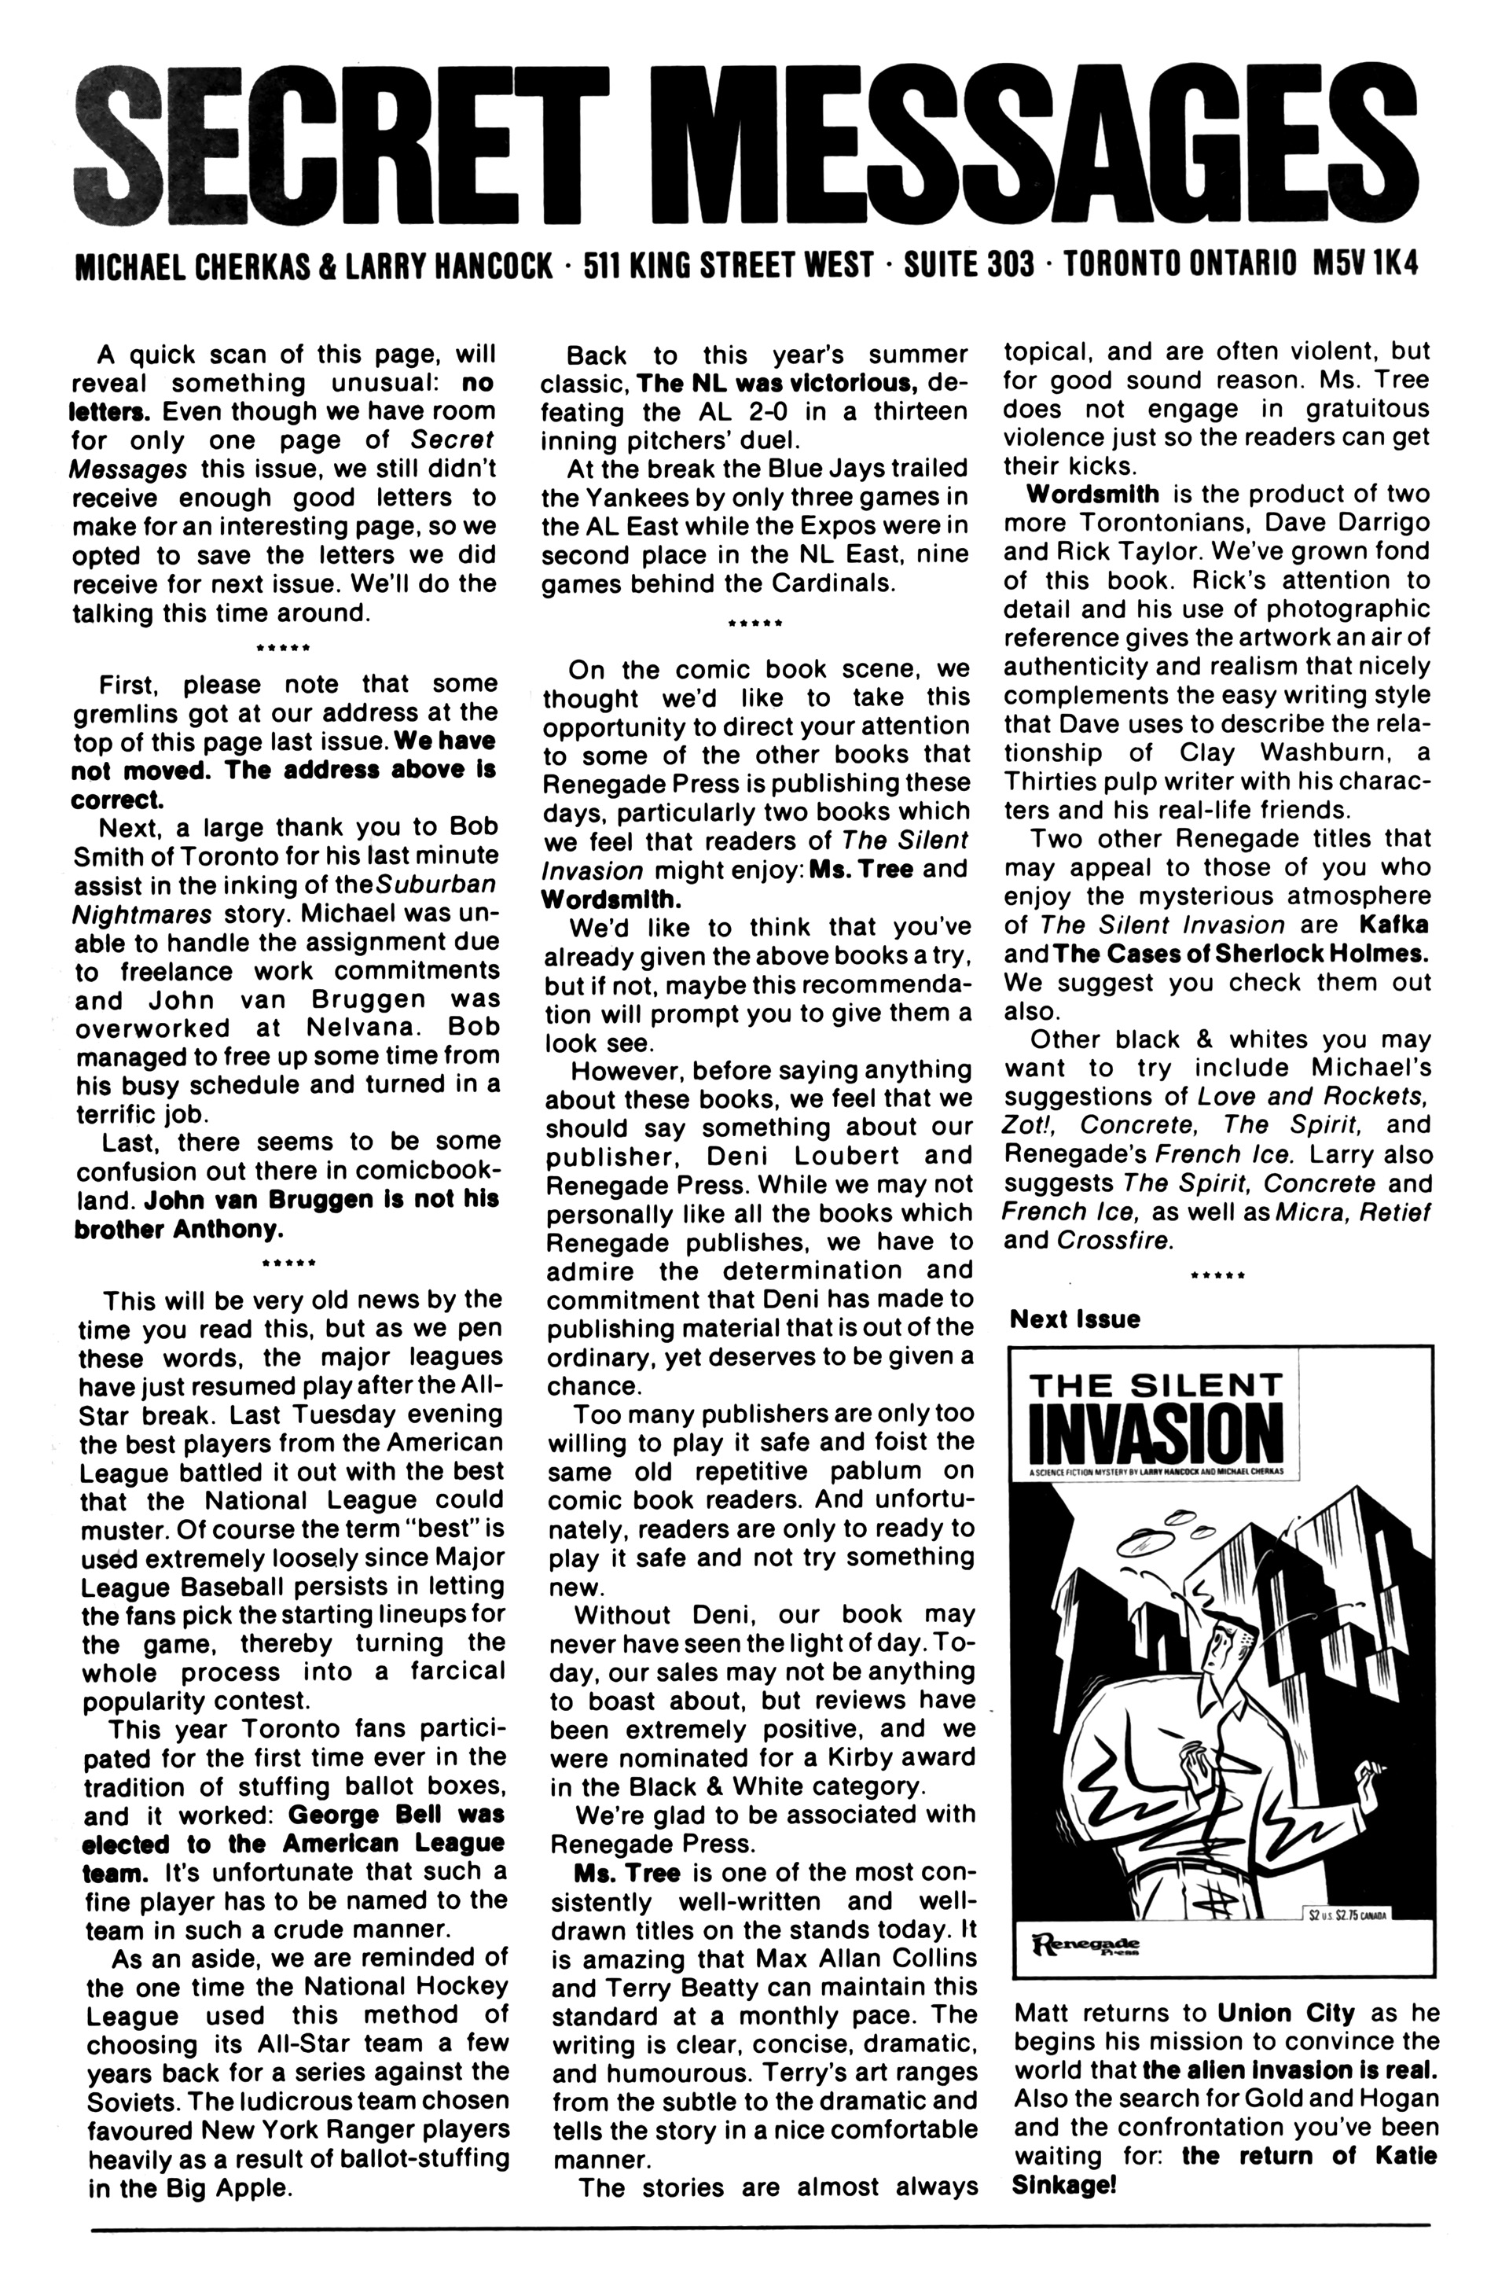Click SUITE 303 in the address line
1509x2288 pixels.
coord(969,265)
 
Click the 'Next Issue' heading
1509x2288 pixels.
coord(1074,1319)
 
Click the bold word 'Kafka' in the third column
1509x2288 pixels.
coord(1393,925)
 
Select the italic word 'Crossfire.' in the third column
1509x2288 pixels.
coord(1114,1241)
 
